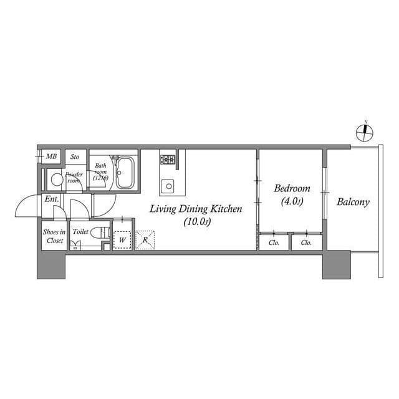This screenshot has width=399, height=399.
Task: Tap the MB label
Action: pyautogui.click(x=52, y=156)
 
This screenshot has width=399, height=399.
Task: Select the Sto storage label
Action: pyautogui.click(x=75, y=156)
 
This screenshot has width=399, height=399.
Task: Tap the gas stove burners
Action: pyautogui.click(x=168, y=160)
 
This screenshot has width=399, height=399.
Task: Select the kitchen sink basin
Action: pyautogui.click(x=168, y=185)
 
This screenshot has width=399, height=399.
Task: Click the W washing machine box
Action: pyautogui.click(x=122, y=239)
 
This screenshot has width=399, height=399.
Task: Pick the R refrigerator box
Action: pyautogui.click(x=145, y=239)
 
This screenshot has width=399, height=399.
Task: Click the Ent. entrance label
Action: pyautogui.click(x=51, y=199)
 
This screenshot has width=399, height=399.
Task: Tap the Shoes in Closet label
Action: pyautogui.click(x=54, y=236)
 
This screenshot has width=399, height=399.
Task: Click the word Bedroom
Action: pyautogui.click(x=292, y=188)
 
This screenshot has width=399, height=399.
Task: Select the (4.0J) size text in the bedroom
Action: pyautogui.click(x=292, y=201)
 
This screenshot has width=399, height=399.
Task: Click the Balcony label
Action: pyautogui.click(x=353, y=202)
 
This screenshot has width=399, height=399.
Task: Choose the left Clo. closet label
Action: pyautogui.click(x=274, y=243)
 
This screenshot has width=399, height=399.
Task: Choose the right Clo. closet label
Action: pyautogui.click(x=306, y=243)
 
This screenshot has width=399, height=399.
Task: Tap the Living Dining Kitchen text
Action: pyautogui.click(x=195, y=209)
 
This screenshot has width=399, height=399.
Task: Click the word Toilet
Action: pyautogui.click(x=80, y=231)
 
